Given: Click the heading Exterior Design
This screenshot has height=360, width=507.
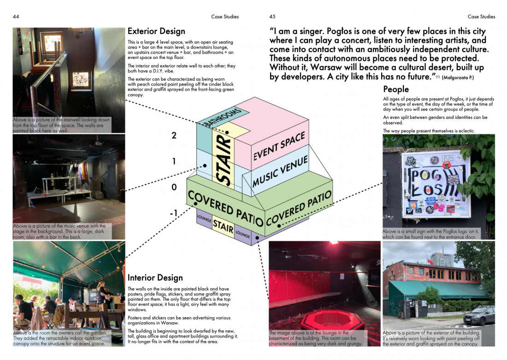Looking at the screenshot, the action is [x=156, y=31].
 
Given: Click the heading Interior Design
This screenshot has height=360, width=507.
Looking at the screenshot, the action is [x=155, y=278].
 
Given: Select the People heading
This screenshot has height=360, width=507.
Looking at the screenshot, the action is [x=396, y=89].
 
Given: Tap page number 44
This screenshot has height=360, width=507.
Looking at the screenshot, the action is [x=16, y=17].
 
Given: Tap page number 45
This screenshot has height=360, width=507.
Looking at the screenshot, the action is [x=272, y=17].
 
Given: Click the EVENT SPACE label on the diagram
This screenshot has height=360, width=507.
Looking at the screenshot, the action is [x=279, y=146].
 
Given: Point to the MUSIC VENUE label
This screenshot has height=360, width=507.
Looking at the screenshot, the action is [x=280, y=171].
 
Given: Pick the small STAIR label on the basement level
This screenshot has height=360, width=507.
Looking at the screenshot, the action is [x=223, y=226].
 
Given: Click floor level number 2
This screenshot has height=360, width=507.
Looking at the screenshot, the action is [x=174, y=136].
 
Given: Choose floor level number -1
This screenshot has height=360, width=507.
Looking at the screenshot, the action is [x=174, y=213].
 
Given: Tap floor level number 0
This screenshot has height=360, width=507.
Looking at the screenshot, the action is [x=174, y=187].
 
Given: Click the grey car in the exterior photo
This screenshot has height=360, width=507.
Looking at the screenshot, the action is [x=479, y=315].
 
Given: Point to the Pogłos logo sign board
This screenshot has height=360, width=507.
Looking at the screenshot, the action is [x=436, y=184].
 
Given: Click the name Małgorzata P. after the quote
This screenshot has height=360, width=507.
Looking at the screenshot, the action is [x=458, y=77].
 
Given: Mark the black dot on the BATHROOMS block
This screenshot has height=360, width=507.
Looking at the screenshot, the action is [x=227, y=132].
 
